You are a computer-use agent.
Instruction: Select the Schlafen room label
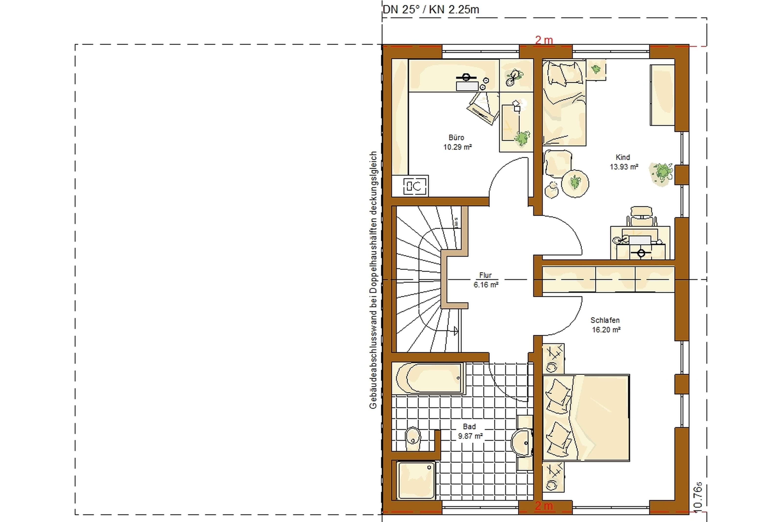click(605, 320)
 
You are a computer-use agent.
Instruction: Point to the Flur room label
click(485, 275)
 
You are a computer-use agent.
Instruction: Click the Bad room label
click(469, 427)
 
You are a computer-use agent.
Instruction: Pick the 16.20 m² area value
click(606, 330)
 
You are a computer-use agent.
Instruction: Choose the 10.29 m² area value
click(457, 147)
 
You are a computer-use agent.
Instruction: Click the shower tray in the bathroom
click(416, 480)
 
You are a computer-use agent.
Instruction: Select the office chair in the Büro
click(483, 108)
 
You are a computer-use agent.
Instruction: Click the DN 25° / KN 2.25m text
click(430, 9)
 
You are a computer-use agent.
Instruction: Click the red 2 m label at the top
click(544, 40)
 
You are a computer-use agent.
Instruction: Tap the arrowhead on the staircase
click(456, 331)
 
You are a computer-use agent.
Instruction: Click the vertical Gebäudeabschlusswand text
click(373, 280)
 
